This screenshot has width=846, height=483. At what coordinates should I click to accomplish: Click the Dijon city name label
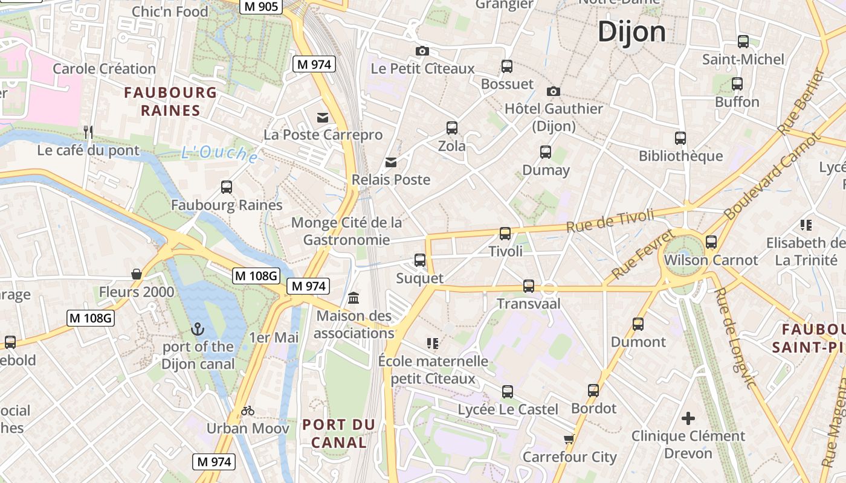631,31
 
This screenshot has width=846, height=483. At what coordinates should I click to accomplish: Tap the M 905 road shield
260,6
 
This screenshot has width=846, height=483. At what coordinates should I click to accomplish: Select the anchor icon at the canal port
196,329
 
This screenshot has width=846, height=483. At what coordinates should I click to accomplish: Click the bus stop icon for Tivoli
505,233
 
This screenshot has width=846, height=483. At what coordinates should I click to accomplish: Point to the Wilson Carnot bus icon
711,242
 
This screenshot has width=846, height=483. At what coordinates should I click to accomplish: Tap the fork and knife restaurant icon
88,132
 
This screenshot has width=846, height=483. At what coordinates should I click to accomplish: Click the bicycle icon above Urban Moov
248,411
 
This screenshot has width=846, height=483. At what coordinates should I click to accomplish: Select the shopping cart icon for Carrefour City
569,439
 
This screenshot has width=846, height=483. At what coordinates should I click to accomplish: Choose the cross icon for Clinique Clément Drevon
688,418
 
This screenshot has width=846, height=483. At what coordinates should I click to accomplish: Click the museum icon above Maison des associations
354,298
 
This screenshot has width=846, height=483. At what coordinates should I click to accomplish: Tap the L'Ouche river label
220,154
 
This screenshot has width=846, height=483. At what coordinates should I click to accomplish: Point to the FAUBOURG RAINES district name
170,101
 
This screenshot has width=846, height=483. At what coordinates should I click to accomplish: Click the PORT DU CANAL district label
338,433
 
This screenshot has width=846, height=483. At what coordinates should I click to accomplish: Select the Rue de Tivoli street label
610,221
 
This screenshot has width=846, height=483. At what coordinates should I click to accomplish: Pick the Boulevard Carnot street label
773,176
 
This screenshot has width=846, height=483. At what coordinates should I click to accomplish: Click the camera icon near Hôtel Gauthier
553,91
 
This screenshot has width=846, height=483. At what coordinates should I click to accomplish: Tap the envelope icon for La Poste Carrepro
323,117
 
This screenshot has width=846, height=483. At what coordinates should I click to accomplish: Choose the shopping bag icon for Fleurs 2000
137,274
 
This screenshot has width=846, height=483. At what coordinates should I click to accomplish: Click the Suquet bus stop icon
420,260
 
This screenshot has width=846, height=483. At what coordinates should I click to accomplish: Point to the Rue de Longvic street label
735,338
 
